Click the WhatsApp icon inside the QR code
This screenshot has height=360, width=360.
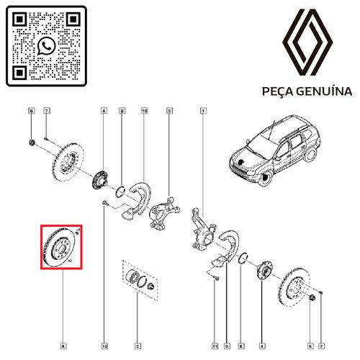[47, 46]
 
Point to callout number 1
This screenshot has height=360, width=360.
[204, 111]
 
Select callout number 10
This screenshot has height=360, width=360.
[144, 111]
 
